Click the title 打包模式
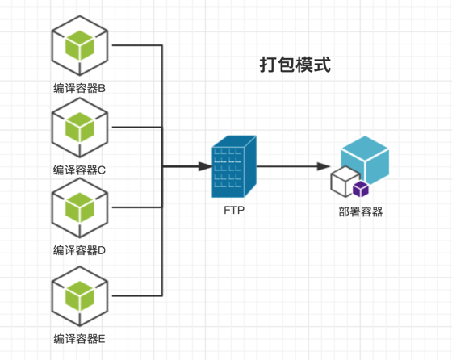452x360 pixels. [x=295, y=65]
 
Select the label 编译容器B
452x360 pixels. [x=80, y=88]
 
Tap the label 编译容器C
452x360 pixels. [x=79, y=170]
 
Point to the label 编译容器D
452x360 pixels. [x=79, y=250]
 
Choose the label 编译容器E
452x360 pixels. [x=79, y=339]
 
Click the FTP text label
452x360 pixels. [x=234, y=210]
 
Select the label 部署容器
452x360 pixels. [x=360, y=211]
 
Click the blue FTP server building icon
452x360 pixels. [x=234, y=166]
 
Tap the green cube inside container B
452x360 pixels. [x=80, y=45]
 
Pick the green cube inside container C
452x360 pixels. [x=80, y=127]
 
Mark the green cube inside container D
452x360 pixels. [x=80, y=207]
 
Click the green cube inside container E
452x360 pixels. [x=80, y=296]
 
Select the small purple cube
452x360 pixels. [x=361, y=189]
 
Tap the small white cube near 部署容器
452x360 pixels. [x=344, y=181]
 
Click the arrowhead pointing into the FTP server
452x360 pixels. [x=206, y=166]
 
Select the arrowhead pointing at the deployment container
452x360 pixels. [x=324, y=166]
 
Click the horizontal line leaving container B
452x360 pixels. [x=137, y=45]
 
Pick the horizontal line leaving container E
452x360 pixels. [x=137, y=295]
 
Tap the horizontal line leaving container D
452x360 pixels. [x=137, y=207]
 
